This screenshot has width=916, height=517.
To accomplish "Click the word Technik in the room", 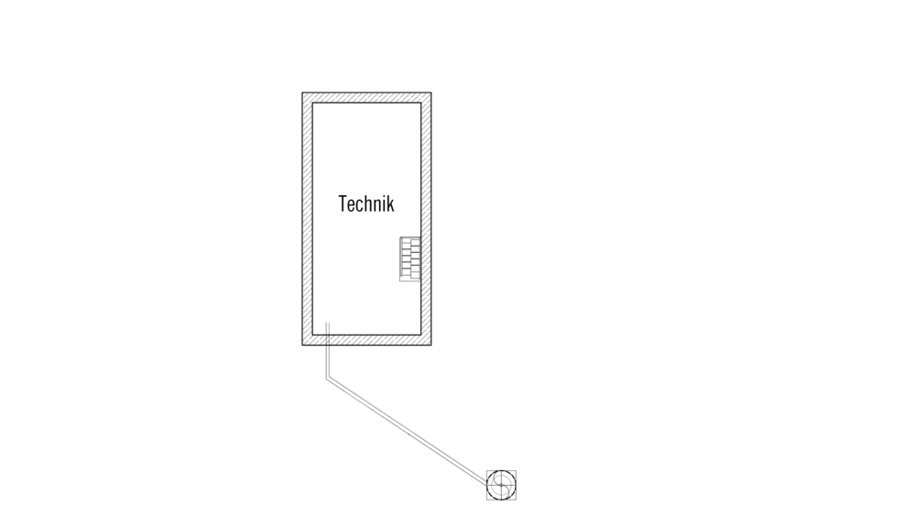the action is pos(366,203).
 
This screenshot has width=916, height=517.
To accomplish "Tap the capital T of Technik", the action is pos(343,203).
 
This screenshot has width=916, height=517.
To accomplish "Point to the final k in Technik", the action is pos(390,203).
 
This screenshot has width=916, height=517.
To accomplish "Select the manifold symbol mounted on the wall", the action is pos(410,259).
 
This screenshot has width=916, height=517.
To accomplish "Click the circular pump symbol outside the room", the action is pos(501,485).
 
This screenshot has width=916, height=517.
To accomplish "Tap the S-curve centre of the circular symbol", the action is pos(501,485).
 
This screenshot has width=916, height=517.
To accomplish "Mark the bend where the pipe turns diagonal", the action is pos(328,379).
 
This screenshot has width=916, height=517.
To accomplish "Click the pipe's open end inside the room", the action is pos(328,323).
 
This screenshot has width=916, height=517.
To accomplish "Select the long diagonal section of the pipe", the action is pos(408,432).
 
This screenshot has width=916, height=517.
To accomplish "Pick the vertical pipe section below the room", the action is pos(328,361).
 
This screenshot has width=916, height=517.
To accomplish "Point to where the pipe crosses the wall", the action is pos(328,340).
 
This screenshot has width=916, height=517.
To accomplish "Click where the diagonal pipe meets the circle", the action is pos(488,485).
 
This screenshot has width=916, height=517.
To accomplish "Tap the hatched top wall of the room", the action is pos(367,98).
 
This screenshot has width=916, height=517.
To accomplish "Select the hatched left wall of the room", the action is pos(307,219).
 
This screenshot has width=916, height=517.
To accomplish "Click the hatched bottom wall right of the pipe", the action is pos(380,340).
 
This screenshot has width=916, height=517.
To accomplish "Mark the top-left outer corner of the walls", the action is pos(302,93).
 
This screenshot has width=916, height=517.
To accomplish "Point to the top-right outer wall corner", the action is pos(431,93).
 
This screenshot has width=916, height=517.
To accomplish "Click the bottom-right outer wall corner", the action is pos(431,345).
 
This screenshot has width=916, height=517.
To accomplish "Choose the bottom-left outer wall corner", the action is pos(302,345).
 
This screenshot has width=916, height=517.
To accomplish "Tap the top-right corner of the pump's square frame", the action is pos(516,470).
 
